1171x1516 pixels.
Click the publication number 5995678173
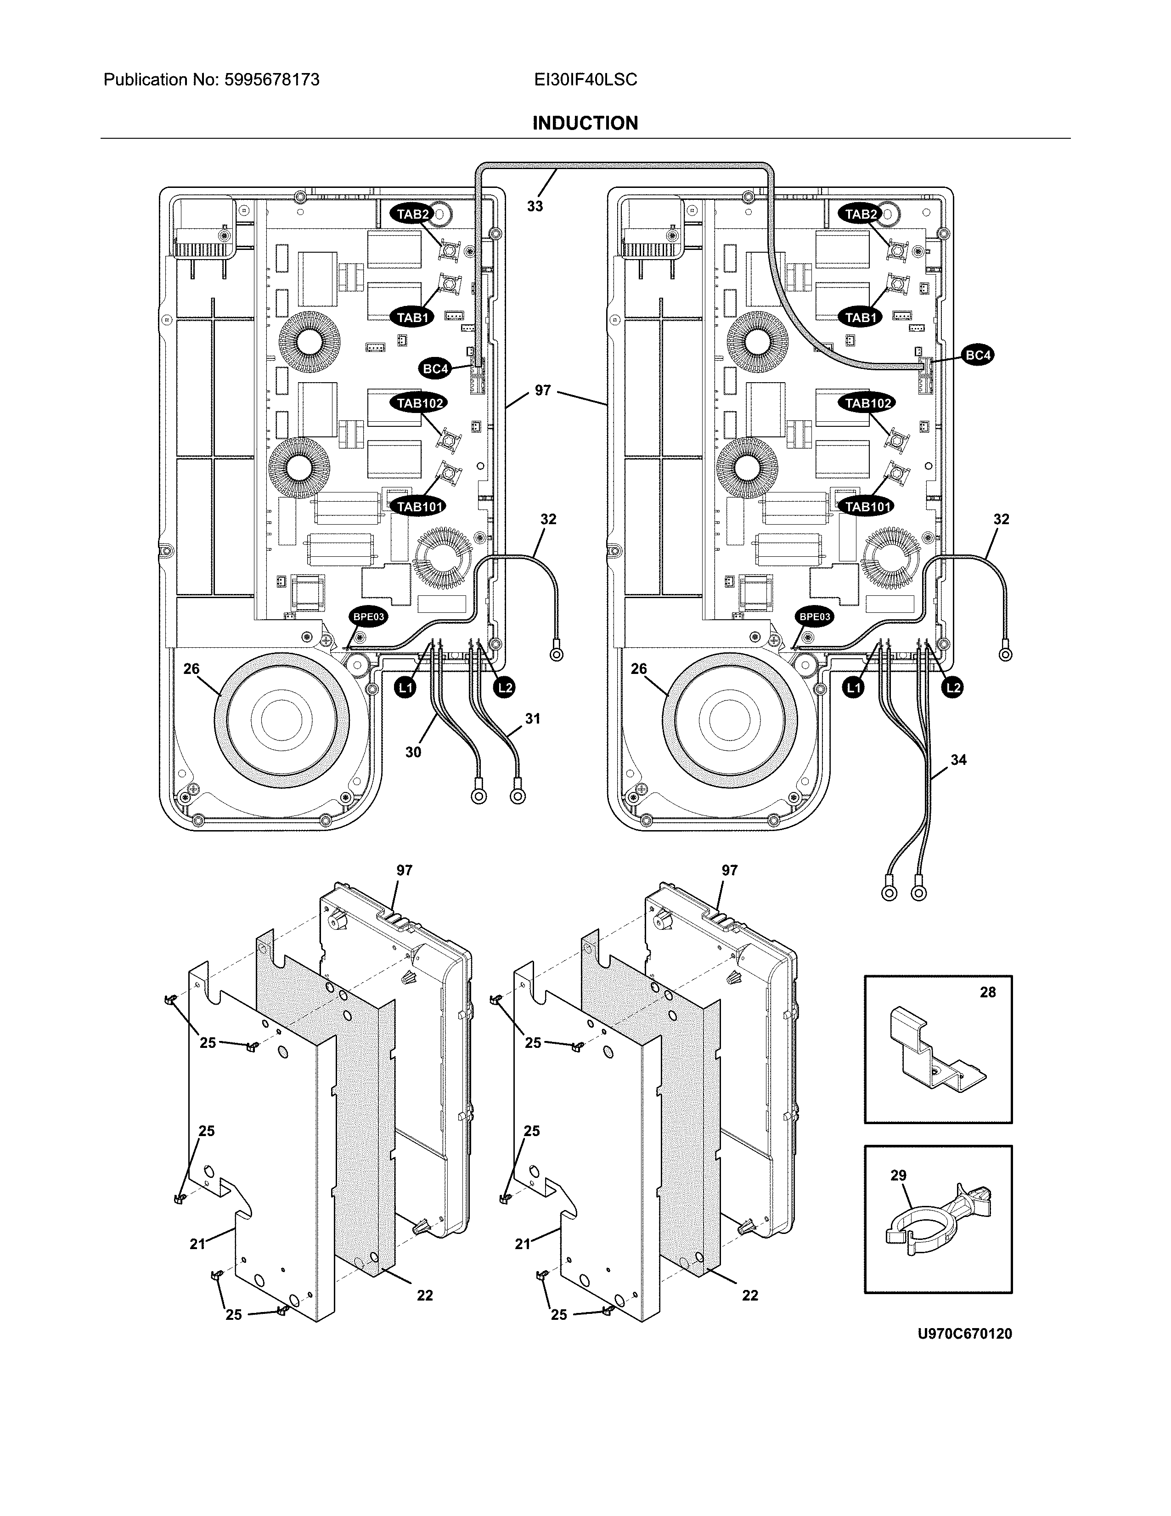271,80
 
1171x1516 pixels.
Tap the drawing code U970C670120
964,1334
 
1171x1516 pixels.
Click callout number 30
413,752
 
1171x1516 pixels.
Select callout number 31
532,718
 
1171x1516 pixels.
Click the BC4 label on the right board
978,356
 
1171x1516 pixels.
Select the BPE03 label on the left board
368,617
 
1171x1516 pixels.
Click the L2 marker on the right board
953,688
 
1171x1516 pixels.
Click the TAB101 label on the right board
867,507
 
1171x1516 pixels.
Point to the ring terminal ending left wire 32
556,653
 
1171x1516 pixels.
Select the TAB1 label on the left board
413,318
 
